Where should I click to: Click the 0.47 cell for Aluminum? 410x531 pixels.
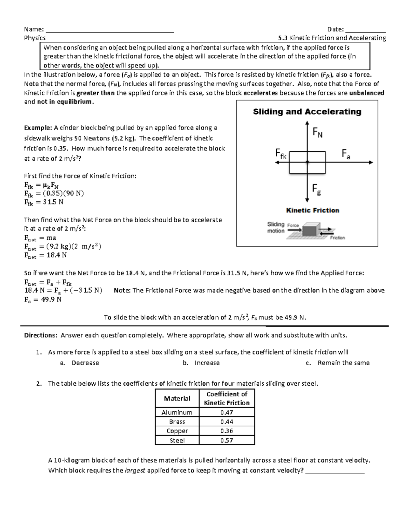227,412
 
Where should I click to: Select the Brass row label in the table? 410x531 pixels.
177,422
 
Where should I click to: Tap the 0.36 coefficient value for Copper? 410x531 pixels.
227,431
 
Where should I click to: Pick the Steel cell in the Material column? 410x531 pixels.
177,440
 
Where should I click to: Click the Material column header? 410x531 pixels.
177,398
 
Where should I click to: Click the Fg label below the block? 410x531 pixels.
316,189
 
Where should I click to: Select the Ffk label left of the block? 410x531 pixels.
281,154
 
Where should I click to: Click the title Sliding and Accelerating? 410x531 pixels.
307,112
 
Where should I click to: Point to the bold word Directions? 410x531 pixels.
41,335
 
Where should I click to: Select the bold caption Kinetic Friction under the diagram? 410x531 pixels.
312,210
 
